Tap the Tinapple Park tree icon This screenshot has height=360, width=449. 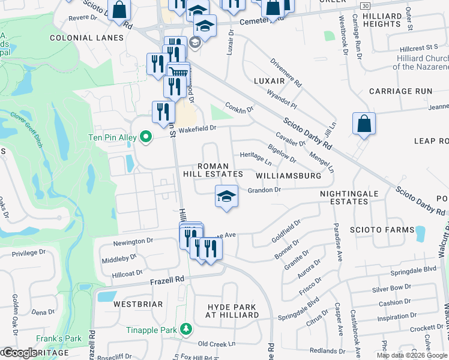pyautogui.click(x=187, y=329)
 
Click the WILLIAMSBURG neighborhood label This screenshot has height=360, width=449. pyautogui.click(x=288, y=176)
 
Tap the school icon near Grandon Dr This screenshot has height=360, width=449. pyautogui.click(x=226, y=197)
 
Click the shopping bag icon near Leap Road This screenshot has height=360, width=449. pyautogui.click(x=364, y=124)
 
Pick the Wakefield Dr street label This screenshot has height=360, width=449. pyautogui.click(x=196, y=128)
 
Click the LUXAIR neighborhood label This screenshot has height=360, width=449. pyautogui.click(x=269, y=80)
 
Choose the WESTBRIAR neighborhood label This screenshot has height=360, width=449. pyautogui.click(x=137, y=304)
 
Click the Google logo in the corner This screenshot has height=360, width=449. pyautogui.click(x=19, y=353)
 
